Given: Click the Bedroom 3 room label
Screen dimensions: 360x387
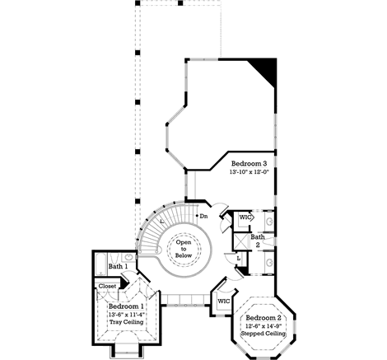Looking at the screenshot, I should (249, 164).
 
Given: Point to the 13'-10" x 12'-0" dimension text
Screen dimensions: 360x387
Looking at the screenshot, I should (249, 173).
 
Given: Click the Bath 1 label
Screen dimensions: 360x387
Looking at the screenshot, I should (118, 267).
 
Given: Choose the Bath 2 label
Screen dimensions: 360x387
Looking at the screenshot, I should (258, 241).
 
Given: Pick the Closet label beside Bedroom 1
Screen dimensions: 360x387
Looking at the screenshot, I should (108, 287).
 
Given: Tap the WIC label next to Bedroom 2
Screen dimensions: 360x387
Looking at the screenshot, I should (223, 302).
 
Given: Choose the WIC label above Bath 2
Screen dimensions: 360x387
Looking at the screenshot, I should (244, 218).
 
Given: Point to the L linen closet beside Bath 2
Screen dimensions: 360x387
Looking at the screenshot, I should (238, 258).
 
